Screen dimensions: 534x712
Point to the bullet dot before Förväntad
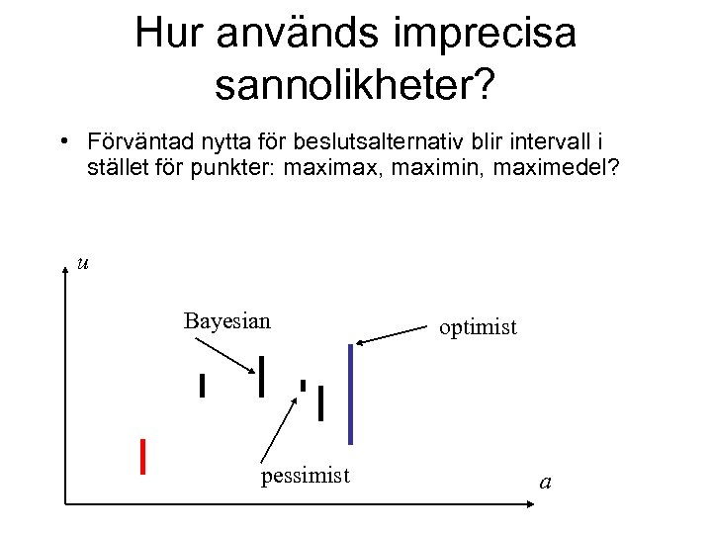pyautogui.click(x=62, y=141)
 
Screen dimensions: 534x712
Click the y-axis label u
pyautogui.click(x=83, y=263)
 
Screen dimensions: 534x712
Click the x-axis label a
pyautogui.click(x=545, y=483)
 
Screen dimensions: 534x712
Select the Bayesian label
pyautogui.click(x=226, y=320)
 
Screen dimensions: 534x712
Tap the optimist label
pyautogui.click(x=479, y=327)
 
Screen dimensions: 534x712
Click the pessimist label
pyautogui.click(x=305, y=477)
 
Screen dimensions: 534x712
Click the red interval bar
pyautogui.click(x=144, y=456)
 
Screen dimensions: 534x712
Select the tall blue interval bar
pyautogui.click(x=350, y=394)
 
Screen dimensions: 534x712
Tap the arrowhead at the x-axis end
pyautogui.click(x=528, y=505)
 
